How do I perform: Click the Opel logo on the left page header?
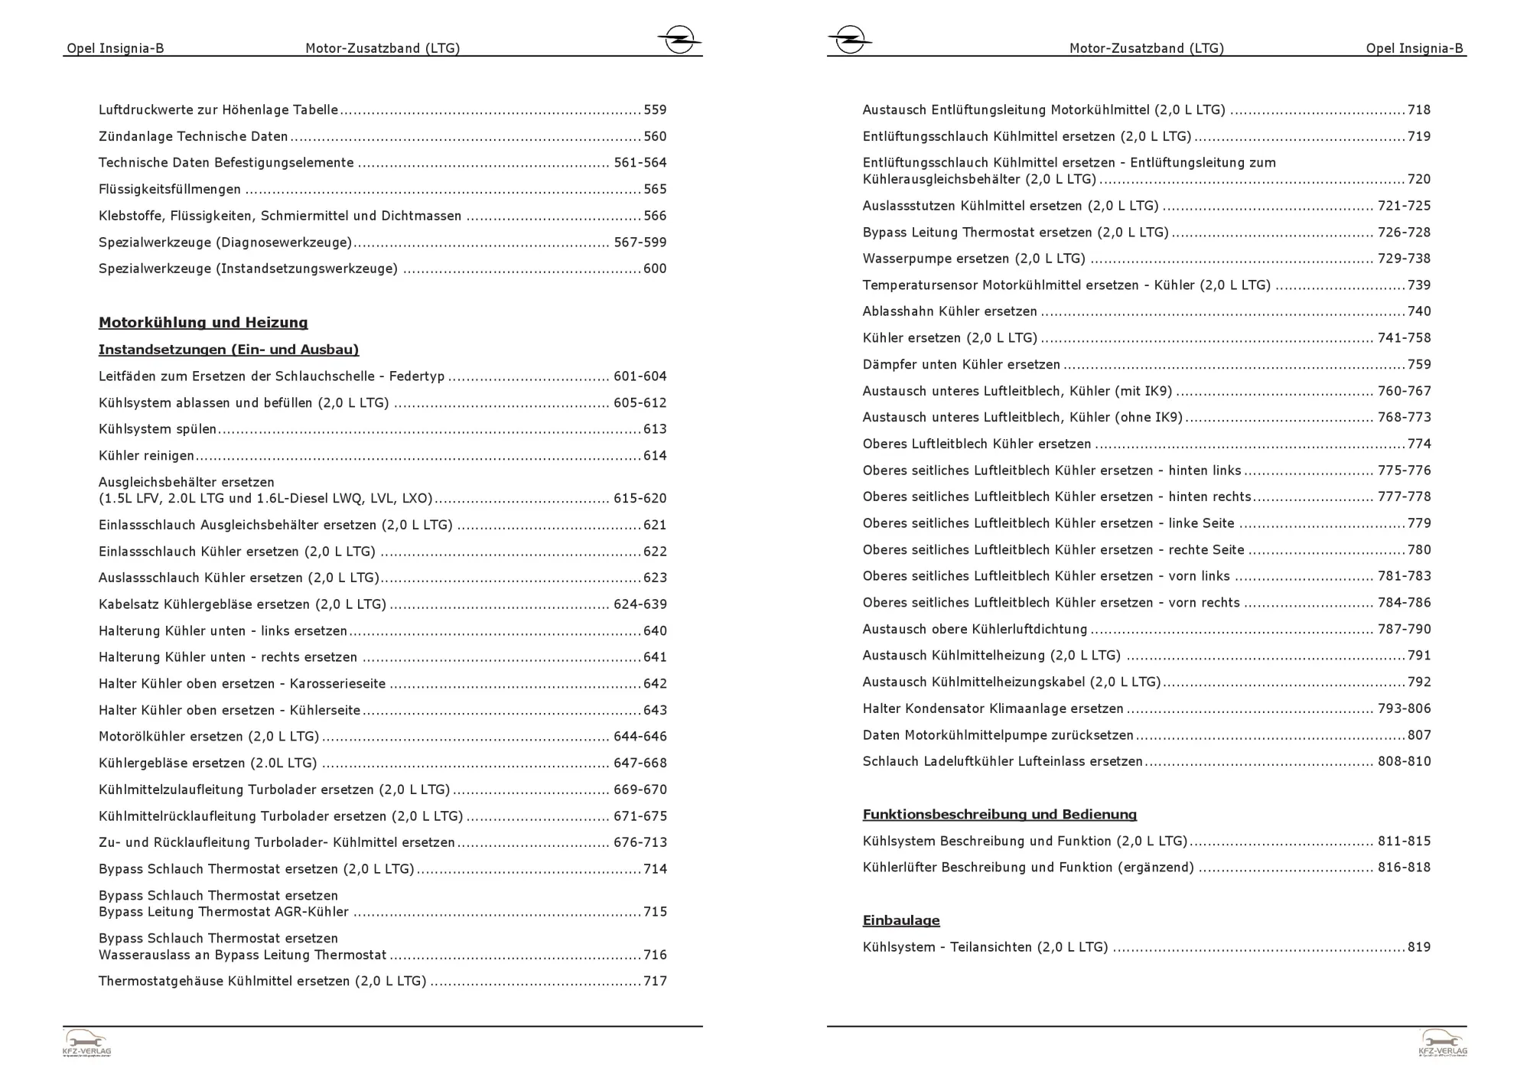(679, 39)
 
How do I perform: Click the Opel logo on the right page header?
(850, 39)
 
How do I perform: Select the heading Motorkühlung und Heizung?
(203, 323)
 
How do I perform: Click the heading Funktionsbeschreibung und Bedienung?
(999, 815)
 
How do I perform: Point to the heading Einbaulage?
(900, 920)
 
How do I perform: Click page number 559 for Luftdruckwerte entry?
(655, 110)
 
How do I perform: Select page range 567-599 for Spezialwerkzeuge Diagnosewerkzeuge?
(640, 243)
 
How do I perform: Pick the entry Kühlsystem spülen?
(158, 429)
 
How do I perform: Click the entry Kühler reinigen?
(146, 456)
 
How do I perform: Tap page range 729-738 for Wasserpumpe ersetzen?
(1403, 259)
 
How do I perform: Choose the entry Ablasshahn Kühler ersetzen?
(949, 311)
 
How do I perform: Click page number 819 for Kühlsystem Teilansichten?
(1418, 947)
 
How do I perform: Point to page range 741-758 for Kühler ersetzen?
(1403, 338)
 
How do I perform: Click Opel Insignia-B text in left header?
(116, 48)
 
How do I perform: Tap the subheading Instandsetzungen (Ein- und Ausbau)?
(228, 350)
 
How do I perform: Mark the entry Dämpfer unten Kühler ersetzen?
(961, 365)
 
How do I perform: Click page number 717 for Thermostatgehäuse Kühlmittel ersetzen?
(655, 982)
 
